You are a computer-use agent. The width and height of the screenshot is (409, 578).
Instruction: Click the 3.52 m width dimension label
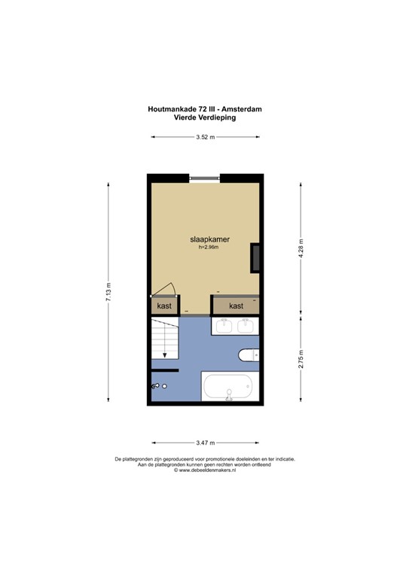pyautogui.click(x=205, y=137)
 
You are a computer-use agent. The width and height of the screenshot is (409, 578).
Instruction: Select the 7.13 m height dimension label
pyautogui.click(x=108, y=292)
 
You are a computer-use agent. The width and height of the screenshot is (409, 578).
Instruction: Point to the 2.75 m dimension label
pyautogui.click(x=301, y=359)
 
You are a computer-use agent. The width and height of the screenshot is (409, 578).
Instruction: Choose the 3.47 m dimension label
pyautogui.click(x=206, y=443)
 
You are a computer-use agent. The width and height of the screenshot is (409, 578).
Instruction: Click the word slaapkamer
pyautogui.click(x=210, y=239)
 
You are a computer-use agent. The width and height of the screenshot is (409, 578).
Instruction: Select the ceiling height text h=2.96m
pyautogui.click(x=209, y=248)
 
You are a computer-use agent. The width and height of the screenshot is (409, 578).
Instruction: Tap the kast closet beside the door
pyautogui.click(x=164, y=306)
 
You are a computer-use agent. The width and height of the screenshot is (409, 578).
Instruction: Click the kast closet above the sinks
pyautogui.click(x=236, y=306)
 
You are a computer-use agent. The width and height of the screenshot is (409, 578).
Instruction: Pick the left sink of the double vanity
pyautogui.click(x=224, y=326)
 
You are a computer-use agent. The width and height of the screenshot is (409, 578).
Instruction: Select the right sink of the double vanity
pyautogui.click(x=246, y=326)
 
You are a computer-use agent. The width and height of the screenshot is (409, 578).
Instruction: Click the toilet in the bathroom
pyautogui.click(x=249, y=355)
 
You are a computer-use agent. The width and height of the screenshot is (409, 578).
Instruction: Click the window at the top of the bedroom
pyautogui.click(x=205, y=178)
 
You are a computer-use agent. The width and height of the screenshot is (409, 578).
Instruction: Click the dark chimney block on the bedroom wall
pyautogui.click(x=255, y=258)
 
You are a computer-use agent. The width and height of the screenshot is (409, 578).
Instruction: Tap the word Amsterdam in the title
pyautogui.click(x=242, y=109)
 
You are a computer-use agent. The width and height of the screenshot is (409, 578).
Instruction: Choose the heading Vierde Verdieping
pyautogui.click(x=205, y=117)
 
